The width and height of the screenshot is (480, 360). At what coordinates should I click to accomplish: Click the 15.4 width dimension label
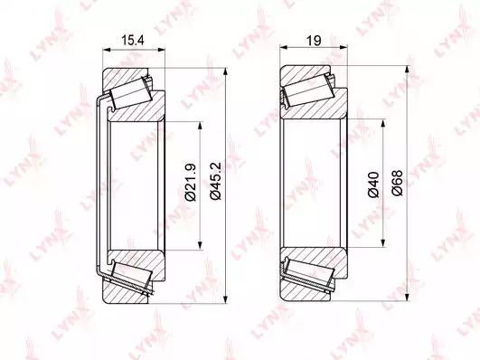133,40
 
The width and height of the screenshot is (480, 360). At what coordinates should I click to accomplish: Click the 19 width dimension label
314,40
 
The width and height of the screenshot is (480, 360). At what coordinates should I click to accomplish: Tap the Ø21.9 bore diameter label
190,183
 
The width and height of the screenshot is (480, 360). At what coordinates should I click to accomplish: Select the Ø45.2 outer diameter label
215,181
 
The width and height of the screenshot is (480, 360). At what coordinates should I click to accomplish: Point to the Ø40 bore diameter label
373,185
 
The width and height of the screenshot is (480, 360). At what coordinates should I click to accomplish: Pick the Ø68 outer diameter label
397,183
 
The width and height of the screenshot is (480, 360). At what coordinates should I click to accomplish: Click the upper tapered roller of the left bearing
131,93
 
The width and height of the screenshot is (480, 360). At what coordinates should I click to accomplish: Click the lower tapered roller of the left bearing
132,273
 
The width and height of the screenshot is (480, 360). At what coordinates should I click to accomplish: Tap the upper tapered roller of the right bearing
308,90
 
